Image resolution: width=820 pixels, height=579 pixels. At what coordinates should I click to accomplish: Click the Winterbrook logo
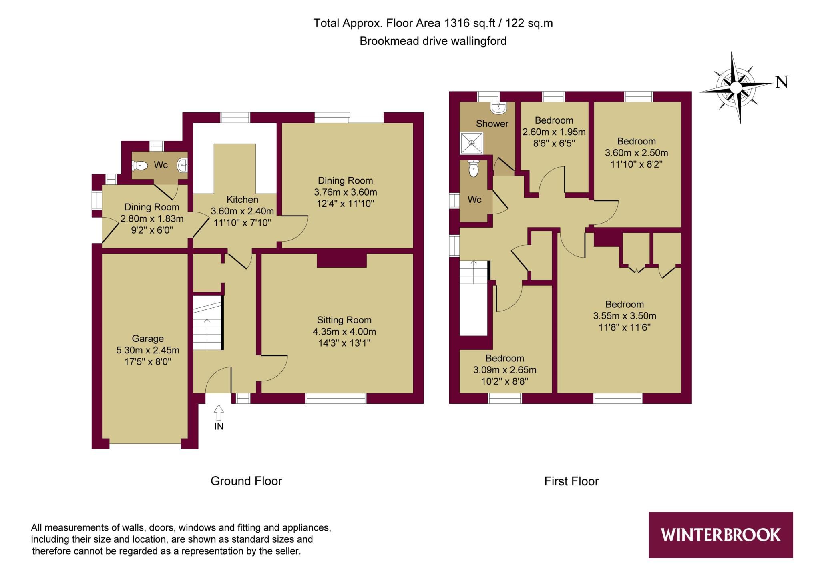720,535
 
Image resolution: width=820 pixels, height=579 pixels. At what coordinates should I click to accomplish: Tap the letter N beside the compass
782,82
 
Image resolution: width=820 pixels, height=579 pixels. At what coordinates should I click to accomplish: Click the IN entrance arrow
219,413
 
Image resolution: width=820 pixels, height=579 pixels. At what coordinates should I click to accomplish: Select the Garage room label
148,339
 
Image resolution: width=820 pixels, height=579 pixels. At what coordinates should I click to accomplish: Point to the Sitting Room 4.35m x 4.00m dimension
344,332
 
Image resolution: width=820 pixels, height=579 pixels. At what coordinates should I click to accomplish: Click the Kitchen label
242,200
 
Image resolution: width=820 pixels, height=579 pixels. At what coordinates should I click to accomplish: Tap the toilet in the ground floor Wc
140,165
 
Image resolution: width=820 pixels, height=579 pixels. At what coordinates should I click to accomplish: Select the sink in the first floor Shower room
499,107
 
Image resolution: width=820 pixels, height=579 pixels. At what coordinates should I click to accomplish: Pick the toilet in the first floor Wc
473,169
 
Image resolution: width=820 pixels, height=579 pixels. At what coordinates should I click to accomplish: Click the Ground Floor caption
246,481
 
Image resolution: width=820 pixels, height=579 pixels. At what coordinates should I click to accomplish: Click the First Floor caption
571,481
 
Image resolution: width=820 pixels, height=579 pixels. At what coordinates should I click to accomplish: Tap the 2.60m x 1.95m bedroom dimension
554,132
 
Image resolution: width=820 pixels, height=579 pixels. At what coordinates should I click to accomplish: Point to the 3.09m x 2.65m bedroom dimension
504,370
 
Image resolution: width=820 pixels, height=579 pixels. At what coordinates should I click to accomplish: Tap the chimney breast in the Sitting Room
342,260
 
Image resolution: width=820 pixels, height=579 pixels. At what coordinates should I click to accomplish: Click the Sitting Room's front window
336,398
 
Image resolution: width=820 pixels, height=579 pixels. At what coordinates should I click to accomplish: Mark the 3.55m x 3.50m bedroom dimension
625,316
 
